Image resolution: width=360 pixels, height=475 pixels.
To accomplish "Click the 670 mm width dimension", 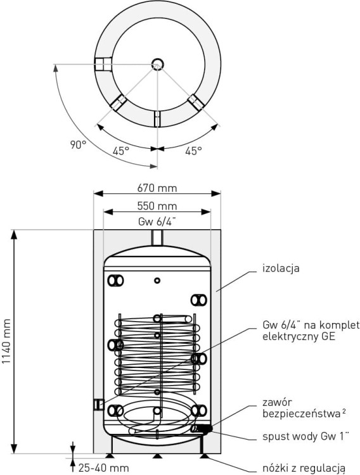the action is [x=157, y=188].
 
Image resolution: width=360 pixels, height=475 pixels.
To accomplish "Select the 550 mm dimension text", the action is [x=157, y=206].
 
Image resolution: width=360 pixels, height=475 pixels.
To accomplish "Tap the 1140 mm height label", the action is [x=6, y=341].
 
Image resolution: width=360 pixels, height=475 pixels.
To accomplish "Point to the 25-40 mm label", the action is [x=104, y=468].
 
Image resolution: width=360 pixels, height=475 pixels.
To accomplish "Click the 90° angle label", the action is [x=78, y=145].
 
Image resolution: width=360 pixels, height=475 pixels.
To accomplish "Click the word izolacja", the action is [x=281, y=268].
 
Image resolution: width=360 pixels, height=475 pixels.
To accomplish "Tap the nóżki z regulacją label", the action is [x=304, y=468].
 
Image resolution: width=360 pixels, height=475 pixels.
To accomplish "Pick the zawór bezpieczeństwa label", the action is [x=304, y=408].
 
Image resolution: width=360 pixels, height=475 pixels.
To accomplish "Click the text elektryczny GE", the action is [x=299, y=336].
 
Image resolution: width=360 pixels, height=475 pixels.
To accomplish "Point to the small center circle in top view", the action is [x=157, y=64].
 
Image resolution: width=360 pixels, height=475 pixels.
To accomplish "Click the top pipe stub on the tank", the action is [x=157, y=237].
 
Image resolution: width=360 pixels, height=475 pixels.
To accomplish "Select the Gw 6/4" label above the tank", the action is [x=157, y=222].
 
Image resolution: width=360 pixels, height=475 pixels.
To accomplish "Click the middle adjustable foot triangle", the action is [x=157, y=456].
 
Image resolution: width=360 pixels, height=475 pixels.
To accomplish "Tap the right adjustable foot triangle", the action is [x=204, y=456].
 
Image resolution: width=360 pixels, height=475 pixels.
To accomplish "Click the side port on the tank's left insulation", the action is [x=98, y=405].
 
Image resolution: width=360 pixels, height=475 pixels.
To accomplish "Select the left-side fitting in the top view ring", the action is [x=103, y=64].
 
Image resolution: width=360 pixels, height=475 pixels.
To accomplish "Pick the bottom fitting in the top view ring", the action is [x=157, y=119].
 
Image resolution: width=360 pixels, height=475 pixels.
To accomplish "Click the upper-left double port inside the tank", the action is [x=115, y=281].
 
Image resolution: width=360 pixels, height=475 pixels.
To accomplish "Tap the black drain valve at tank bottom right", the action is [x=205, y=429].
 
